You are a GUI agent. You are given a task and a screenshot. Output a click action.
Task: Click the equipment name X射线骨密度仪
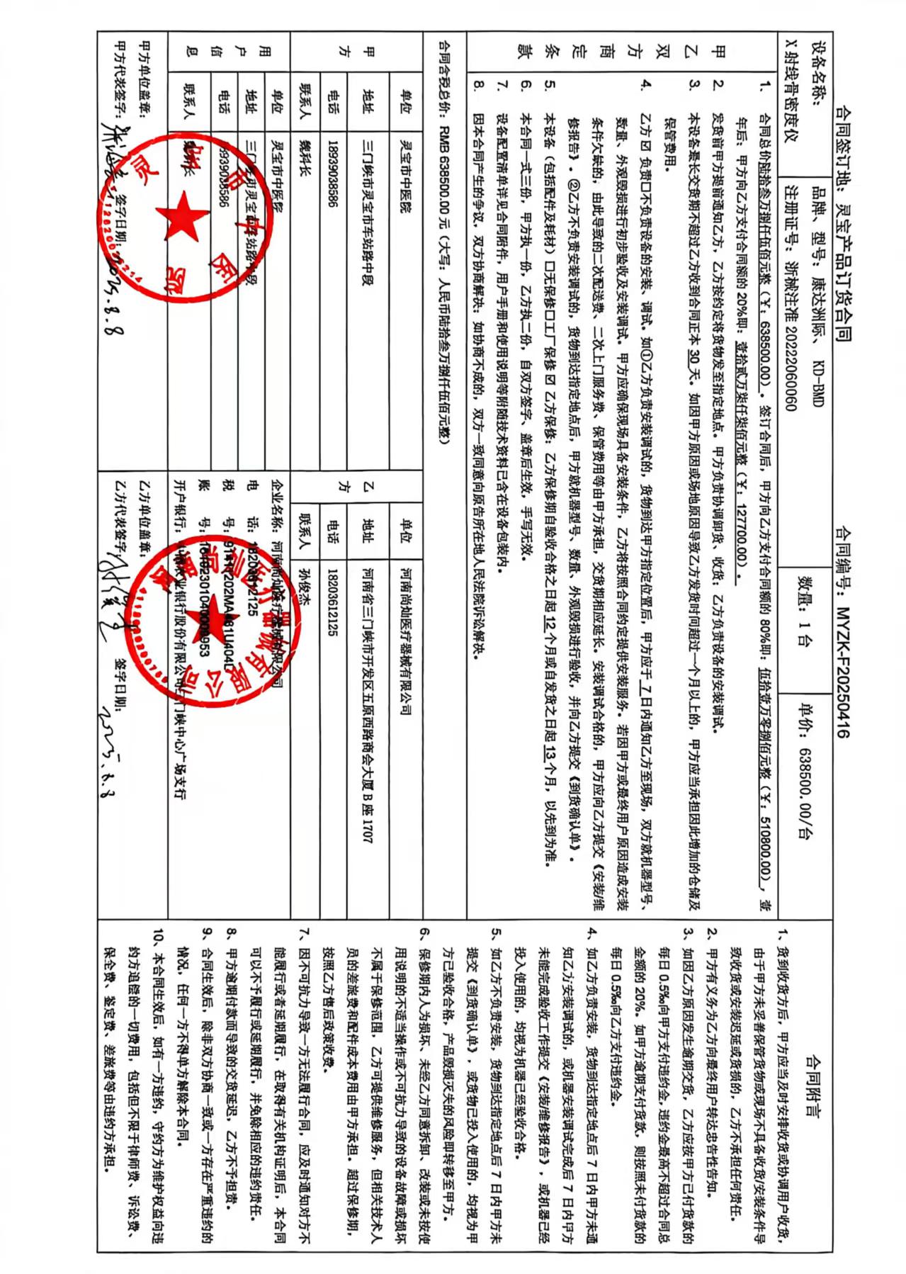791,85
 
